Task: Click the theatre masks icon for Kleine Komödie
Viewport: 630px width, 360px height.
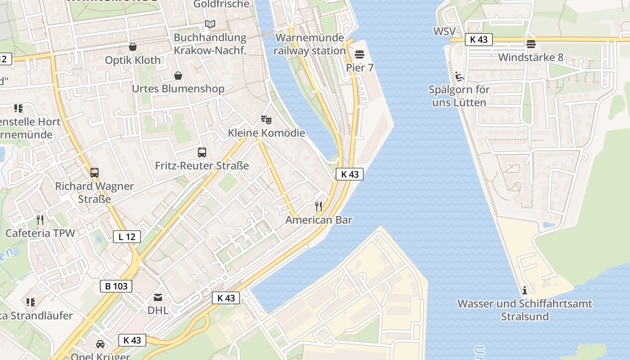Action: [x=266, y=120]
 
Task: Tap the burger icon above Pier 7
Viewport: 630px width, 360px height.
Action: [x=359, y=54]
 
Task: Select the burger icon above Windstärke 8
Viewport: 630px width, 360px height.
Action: [x=531, y=44]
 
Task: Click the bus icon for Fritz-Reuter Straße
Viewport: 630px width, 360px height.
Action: [x=202, y=153]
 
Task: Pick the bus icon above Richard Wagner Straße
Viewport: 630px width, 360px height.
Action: [x=94, y=172]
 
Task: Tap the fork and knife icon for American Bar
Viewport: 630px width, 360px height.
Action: [x=319, y=207]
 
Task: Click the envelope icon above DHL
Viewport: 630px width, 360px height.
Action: [x=158, y=297]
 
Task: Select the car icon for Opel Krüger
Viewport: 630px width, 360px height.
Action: [x=100, y=344]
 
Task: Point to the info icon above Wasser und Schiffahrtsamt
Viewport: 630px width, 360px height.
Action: [x=524, y=290]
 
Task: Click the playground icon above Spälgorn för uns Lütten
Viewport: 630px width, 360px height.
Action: [x=459, y=76]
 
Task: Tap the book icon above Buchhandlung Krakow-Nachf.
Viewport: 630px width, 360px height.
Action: [x=210, y=24]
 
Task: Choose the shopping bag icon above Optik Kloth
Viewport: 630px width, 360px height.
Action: [x=133, y=47]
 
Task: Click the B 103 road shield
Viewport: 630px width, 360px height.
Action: [x=116, y=286]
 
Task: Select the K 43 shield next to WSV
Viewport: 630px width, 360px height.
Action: [x=478, y=40]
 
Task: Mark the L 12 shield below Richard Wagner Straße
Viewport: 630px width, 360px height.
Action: [x=126, y=237]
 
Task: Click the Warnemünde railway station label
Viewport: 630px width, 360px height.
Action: [x=310, y=44]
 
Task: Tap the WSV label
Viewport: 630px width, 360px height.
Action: [x=444, y=31]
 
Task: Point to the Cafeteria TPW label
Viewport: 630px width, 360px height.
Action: [x=40, y=233]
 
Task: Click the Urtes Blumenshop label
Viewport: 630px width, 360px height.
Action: [x=178, y=89]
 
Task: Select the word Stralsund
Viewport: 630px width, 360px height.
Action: [x=525, y=316]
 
